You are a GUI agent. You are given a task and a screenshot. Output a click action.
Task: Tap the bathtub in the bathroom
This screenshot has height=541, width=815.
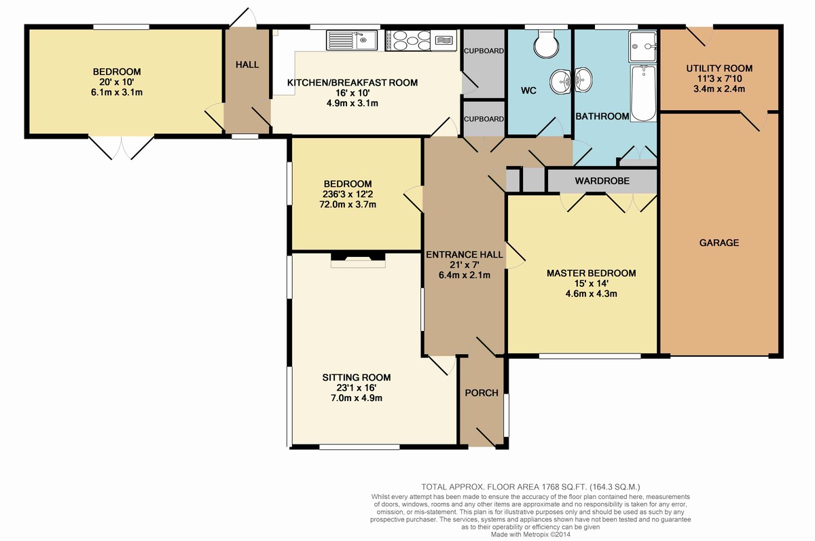(x=644, y=93)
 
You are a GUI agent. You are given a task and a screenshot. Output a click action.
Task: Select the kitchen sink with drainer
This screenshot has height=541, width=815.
(x=352, y=39)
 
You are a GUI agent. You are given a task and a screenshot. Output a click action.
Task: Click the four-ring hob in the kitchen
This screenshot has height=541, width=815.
(x=408, y=39)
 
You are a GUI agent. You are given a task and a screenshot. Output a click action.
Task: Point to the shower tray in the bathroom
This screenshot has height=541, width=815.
(x=642, y=47)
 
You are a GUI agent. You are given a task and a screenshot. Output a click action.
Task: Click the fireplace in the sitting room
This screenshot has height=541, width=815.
(x=358, y=260)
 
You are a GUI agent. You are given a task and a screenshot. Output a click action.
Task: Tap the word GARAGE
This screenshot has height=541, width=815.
(x=719, y=243)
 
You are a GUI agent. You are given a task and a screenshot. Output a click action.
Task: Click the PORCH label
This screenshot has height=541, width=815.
(x=482, y=393)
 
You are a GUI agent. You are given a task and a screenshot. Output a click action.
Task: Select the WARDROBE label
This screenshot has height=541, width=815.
(x=602, y=181)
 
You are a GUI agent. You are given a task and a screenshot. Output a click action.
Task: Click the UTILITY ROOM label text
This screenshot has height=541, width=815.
(x=719, y=68)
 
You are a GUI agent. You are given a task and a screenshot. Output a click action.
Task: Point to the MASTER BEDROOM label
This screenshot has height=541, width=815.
(x=592, y=273)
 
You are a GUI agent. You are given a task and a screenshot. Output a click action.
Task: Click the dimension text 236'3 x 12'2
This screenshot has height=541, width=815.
(x=348, y=194)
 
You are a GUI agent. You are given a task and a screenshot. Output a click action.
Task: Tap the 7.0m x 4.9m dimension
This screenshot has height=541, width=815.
(x=356, y=398)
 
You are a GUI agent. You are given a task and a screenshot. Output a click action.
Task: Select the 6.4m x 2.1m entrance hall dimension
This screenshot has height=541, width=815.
(x=465, y=275)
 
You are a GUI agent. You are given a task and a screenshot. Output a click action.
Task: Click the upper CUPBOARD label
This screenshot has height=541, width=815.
(x=484, y=51)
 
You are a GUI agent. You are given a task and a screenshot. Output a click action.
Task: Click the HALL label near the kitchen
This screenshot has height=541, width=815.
(x=247, y=65)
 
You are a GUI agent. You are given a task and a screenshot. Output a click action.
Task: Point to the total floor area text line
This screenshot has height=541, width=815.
(x=530, y=487)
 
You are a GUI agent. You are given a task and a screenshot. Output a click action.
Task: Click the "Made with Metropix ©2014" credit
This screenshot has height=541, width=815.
(x=530, y=534)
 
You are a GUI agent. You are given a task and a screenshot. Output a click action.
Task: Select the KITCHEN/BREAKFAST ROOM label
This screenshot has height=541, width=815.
(x=352, y=83)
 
